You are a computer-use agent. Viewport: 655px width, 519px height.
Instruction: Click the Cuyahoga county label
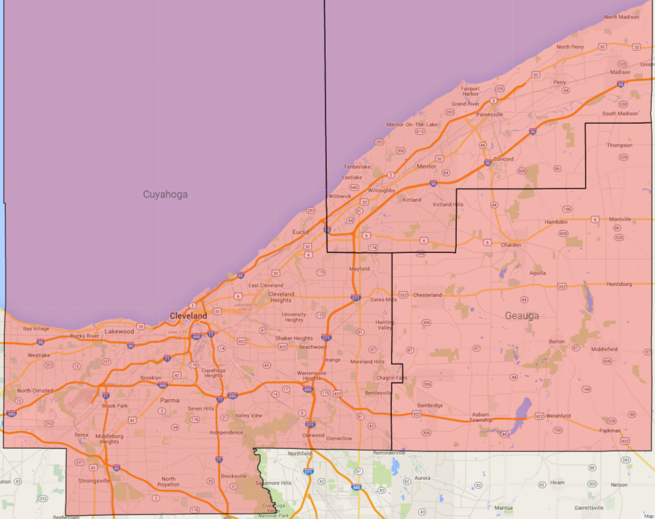point(165,194)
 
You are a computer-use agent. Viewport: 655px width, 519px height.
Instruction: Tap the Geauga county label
point(522,316)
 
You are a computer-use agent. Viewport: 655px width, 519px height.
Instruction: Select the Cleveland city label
point(188,315)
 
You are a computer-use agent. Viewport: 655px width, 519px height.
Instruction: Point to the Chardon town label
point(511,245)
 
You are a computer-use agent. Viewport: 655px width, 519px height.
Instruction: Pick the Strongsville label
point(94,481)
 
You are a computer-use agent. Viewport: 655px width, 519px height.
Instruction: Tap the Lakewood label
point(119,331)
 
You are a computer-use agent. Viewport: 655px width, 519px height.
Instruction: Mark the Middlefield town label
point(604,349)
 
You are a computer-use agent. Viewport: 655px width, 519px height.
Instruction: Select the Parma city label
point(170,400)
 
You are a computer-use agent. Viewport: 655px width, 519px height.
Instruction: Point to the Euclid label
point(301,232)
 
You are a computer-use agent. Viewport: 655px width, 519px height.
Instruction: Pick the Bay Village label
point(36,329)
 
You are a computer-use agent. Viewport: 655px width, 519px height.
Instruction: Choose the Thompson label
point(619,145)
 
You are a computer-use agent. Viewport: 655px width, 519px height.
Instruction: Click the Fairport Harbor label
point(470,91)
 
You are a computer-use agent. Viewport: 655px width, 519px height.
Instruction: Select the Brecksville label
point(234,476)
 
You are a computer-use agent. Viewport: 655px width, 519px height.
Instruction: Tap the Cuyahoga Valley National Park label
point(274,510)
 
